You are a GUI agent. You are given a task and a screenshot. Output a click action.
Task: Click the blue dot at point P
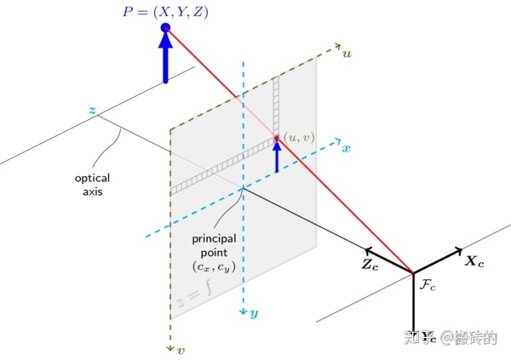[x=165, y=29]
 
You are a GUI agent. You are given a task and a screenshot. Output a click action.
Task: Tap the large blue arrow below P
[x=165, y=60]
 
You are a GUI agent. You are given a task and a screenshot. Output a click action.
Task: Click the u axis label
[x=347, y=54]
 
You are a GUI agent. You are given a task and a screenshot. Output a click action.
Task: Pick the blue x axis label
[x=346, y=148]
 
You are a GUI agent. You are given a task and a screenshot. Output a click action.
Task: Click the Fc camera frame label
[x=428, y=283]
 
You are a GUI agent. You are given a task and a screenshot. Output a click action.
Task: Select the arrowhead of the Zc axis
[x=368, y=251]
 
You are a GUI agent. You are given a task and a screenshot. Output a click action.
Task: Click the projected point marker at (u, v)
[x=277, y=139]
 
